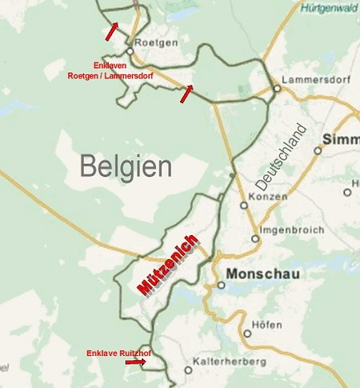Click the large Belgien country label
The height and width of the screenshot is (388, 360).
click(x=126, y=166)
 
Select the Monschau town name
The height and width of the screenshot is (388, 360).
click(x=263, y=274)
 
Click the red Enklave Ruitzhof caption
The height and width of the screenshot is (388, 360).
click(x=119, y=352)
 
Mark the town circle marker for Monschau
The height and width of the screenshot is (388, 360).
click(x=221, y=284)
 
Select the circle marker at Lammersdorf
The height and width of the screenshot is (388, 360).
click(x=276, y=89)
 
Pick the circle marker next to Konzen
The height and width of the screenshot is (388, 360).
click(x=245, y=205)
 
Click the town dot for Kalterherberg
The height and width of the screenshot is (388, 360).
click(x=188, y=370)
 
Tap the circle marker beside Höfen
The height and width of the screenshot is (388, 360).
click(x=247, y=334)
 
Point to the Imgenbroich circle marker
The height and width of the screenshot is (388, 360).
click(x=255, y=238)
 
